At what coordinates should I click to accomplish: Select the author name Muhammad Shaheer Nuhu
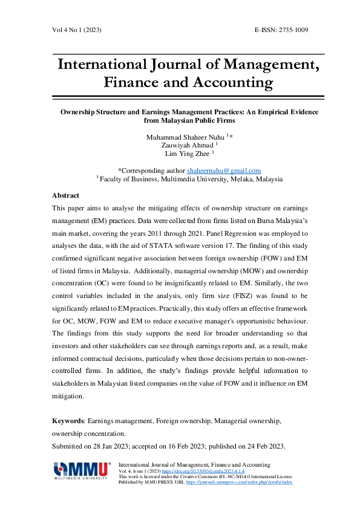185,137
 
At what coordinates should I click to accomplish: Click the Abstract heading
66,196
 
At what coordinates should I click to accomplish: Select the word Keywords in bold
68,419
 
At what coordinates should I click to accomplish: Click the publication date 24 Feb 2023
264,446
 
